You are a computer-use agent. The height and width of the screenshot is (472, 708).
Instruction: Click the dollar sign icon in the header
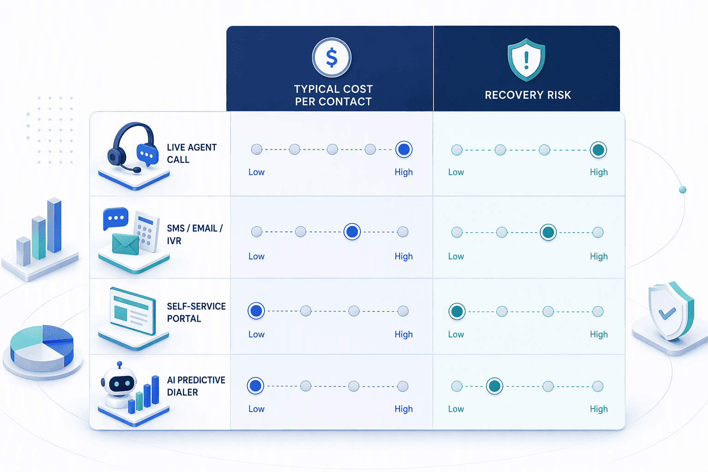click(331, 58)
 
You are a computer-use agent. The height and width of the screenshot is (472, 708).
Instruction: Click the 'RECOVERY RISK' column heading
click(528, 95)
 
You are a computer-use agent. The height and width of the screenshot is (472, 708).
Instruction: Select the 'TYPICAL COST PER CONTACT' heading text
click(333, 95)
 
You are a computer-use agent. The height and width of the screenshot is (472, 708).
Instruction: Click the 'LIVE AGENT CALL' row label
click(192, 153)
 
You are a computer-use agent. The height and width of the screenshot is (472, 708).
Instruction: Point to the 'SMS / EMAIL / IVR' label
click(195, 234)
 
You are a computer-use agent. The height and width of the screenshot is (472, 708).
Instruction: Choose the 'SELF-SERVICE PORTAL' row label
click(196, 312)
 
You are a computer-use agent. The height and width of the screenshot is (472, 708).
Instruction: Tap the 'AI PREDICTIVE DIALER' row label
click(196, 386)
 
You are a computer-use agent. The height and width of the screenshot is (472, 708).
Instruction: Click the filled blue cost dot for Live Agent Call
click(404, 149)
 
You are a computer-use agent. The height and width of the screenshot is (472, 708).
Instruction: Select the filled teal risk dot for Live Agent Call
click(598, 150)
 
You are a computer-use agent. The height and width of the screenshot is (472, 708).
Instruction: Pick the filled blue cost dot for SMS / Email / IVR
click(352, 232)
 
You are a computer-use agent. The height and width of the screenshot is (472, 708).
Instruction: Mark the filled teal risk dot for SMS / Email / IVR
click(548, 232)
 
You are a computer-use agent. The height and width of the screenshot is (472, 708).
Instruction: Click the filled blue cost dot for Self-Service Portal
click(256, 311)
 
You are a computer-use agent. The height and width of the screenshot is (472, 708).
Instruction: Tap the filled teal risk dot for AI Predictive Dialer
click(494, 386)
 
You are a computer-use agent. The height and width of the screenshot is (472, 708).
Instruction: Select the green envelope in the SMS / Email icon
click(125, 244)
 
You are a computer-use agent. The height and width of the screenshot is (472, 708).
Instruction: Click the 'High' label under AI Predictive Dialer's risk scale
click(599, 409)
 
